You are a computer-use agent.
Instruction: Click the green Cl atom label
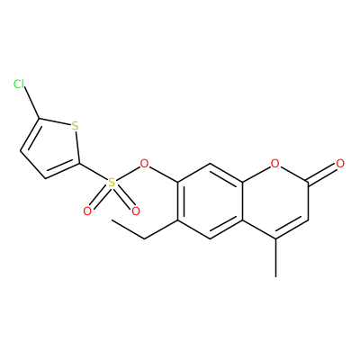pyautogui.click(x=19, y=85)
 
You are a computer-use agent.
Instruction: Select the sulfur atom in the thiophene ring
pyautogui.click(x=75, y=126)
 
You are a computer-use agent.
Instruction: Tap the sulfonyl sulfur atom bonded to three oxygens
pyautogui.click(x=112, y=183)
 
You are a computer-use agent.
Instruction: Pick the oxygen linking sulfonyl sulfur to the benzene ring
pyautogui.click(x=144, y=164)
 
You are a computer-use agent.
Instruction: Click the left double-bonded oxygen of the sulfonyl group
pyautogui.click(x=87, y=211)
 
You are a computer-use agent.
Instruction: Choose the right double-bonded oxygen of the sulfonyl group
pyautogui.click(x=136, y=211)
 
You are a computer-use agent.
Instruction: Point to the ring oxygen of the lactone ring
pyautogui.click(x=274, y=164)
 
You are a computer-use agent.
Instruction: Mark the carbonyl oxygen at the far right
pyautogui.click(x=340, y=164)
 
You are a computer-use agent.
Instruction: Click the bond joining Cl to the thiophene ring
pyautogui.click(x=31, y=103)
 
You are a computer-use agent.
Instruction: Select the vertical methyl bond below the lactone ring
pyautogui.click(x=275, y=257)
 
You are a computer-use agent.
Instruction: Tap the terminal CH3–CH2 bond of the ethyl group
pyautogui.click(x=128, y=229)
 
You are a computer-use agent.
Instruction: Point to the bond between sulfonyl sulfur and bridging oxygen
pyautogui.click(x=128, y=173)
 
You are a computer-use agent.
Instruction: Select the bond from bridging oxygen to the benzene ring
pyautogui.click(x=163, y=174)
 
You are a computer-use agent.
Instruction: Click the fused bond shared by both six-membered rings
pyautogui.click(x=243, y=201)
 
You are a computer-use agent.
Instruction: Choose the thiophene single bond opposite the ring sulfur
pyautogui.click(x=32, y=165)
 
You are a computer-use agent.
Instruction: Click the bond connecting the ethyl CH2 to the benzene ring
pyautogui.click(x=161, y=229)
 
